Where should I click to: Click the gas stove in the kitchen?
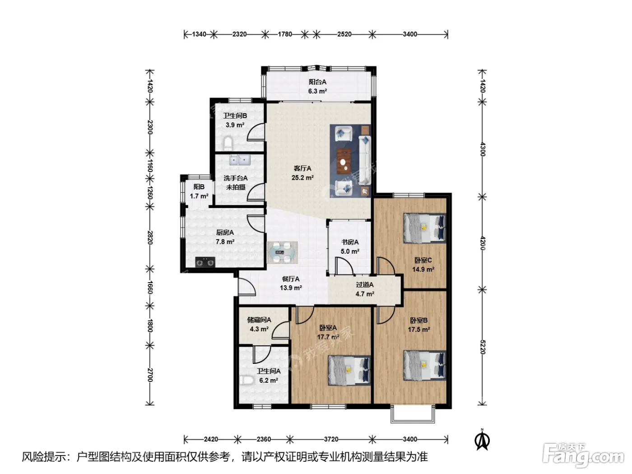(x=205, y=262)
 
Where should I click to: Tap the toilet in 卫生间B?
(x=228, y=144)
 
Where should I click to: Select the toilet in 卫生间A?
(x=246, y=380)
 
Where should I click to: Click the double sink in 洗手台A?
(x=240, y=160)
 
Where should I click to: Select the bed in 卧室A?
(x=349, y=370)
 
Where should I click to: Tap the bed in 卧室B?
(x=425, y=365)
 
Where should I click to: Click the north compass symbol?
(x=482, y=439)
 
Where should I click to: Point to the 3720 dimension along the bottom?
(x=331, y=439)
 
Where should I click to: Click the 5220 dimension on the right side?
(x=483, y=347)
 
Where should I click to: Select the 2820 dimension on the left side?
(x=150, y=237)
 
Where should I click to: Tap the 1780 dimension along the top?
(x=285, y=34)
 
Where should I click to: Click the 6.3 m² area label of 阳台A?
(x=317, y=91)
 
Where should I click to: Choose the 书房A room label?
(x=350, y=242)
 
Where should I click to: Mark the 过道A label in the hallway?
(x=364, y=285)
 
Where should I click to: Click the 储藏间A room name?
(x=259, y=320)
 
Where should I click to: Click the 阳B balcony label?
(x=199, y=187)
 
